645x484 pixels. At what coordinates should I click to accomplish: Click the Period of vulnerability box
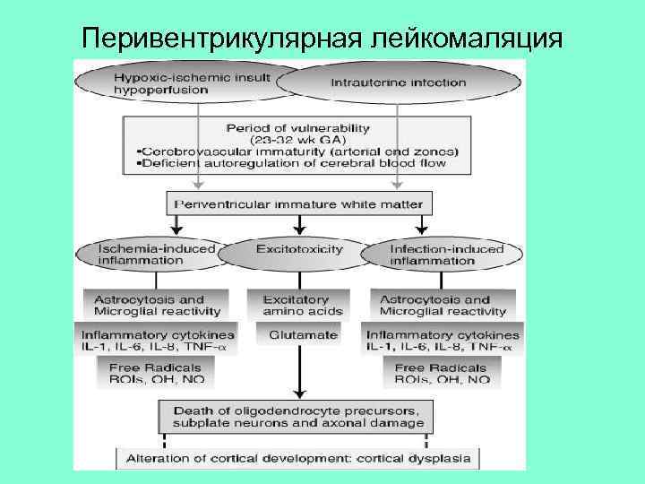pos(298,145)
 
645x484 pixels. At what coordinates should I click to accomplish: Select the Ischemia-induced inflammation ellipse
pos(149,255)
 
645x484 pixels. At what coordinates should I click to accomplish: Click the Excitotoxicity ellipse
pos(299,250)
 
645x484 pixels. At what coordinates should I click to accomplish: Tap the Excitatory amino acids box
pos(302,306)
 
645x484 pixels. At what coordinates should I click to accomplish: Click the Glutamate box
pos(302,335)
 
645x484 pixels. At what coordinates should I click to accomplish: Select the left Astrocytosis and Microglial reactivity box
pos(155,306)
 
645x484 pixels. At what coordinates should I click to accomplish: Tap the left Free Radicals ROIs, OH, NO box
pos(155,374)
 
